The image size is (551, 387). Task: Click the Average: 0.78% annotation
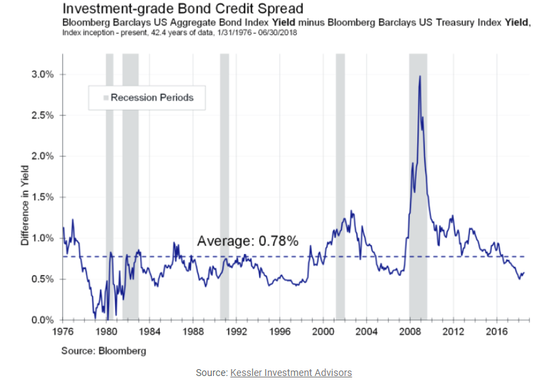pyautogui.click(x=247, y=241)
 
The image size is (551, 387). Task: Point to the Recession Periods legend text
pyautogui.click(x=152, y=97)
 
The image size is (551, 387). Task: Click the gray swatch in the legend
pyautogui.click(x=106, y=98)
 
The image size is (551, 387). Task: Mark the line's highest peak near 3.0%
pyautogui.click(x=419, y=76)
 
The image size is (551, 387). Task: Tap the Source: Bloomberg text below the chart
pyautogui.click(x=103, y=351)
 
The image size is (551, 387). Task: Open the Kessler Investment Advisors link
pyautogui.click(x=291, y=373)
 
